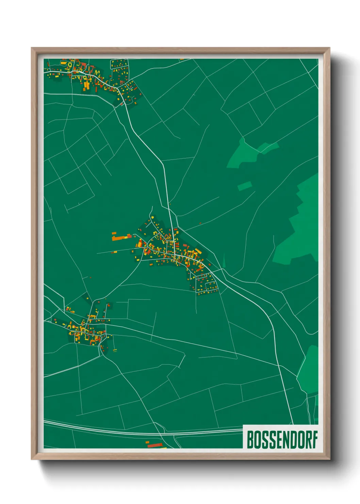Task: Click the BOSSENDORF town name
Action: tap(282, 440)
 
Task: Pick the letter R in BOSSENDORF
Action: tap(307, 440)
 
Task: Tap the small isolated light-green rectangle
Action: tap(245, 186)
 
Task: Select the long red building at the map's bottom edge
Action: tap(156, 445)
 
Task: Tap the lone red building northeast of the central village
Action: tap(200, 223)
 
